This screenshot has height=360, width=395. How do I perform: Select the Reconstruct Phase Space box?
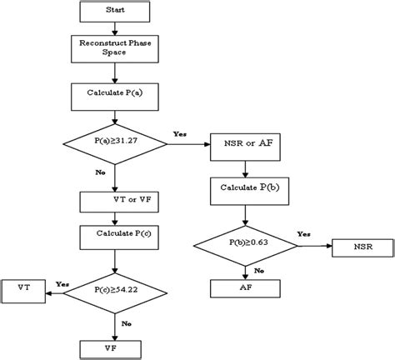point(115,48)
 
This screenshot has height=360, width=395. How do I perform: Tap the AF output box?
point(244,287)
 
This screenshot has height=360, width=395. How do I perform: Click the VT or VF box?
point(115,201)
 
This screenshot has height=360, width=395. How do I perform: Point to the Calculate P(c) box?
point(115,236)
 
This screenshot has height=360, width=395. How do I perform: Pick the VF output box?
point(115,347)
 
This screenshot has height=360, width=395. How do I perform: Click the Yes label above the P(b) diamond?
point(304,234)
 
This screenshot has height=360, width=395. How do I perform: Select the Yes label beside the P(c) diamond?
point(62,283)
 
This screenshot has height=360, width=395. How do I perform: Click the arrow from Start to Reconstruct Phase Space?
point(115,28)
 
